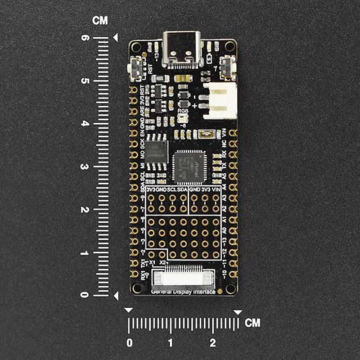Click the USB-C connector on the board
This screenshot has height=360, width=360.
click(x=183, y=49)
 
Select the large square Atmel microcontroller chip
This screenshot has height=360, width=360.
click(x=189, y=166)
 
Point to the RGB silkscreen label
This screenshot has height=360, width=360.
click(x=183, y=110)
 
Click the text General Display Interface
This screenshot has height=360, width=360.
click(x=183, y=292)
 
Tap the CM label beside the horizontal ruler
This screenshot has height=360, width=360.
click(x=252, y=323)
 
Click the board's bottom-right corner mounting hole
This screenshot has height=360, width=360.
click(x=230, y=288)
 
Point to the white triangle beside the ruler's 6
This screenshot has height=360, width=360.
click(x=116, y=38)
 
